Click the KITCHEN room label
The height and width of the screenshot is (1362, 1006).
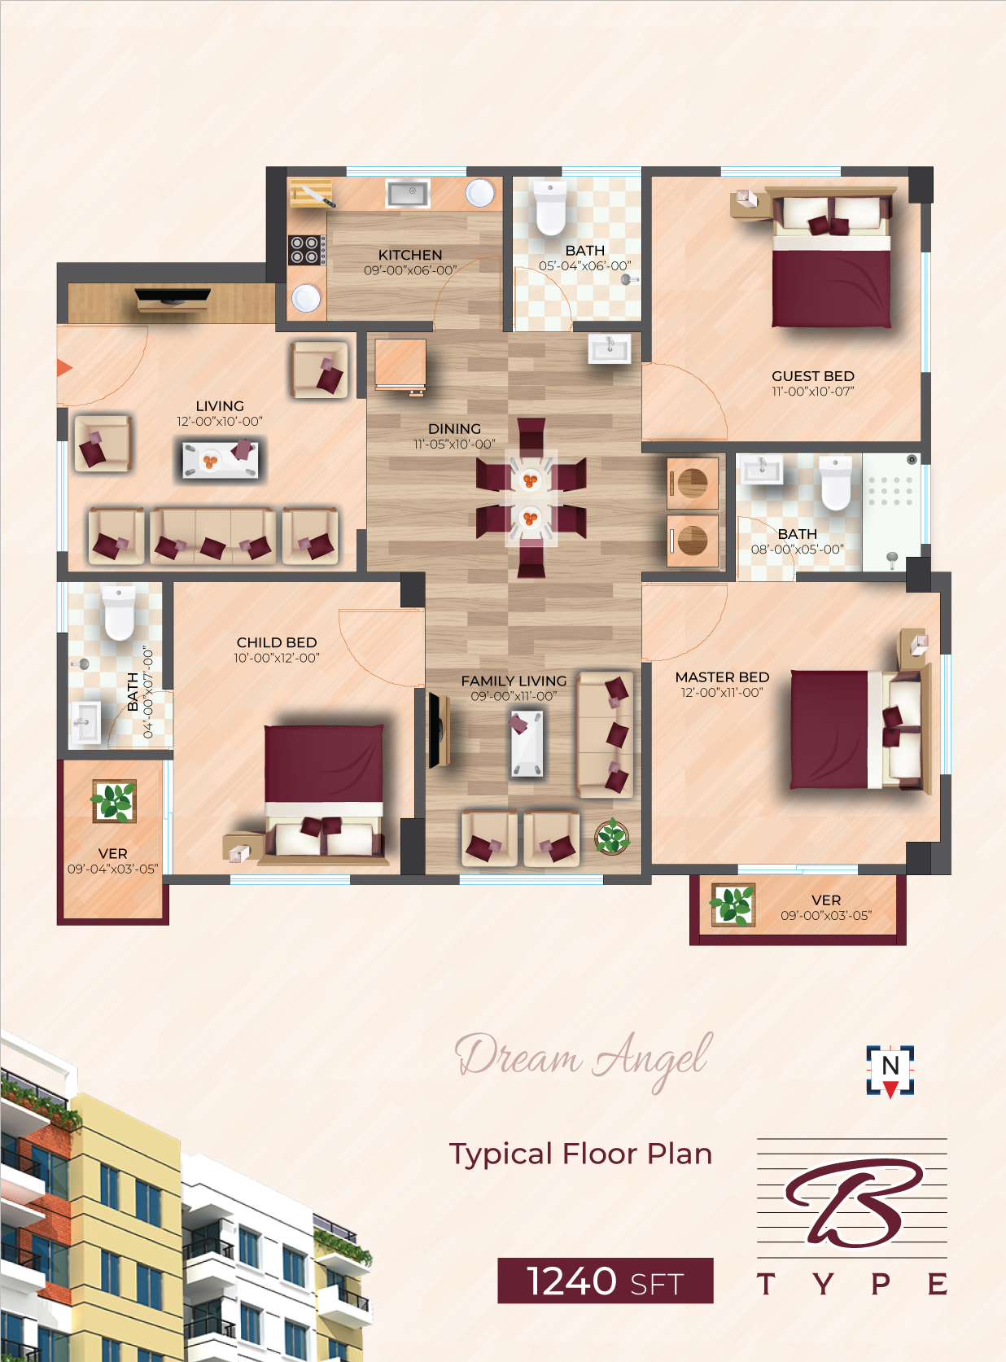[409, 255]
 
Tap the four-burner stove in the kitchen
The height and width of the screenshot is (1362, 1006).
[307, 250]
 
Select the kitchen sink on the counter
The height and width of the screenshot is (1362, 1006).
[408, 194]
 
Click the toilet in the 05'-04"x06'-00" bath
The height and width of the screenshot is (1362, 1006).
[550, 208]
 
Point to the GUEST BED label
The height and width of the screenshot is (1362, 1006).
[812, 376]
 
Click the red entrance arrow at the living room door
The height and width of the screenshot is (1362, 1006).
[64, 368]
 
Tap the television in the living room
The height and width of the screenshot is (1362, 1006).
[173, 297]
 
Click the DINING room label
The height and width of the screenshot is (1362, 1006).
[454, 428]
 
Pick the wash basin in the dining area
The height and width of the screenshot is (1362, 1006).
[610, 348]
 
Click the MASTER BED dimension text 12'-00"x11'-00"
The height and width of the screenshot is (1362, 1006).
[722, 693]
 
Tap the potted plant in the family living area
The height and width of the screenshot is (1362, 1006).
[612, 836]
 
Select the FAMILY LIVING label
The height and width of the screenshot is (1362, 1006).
[514, 681]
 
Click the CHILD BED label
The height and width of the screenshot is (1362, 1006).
[277, 642]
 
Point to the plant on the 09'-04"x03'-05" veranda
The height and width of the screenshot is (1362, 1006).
[114, 801]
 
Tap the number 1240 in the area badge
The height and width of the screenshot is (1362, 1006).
[571, 1281]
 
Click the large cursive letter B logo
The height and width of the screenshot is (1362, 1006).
[855, 1204]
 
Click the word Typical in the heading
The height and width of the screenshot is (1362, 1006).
[501, 1154]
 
